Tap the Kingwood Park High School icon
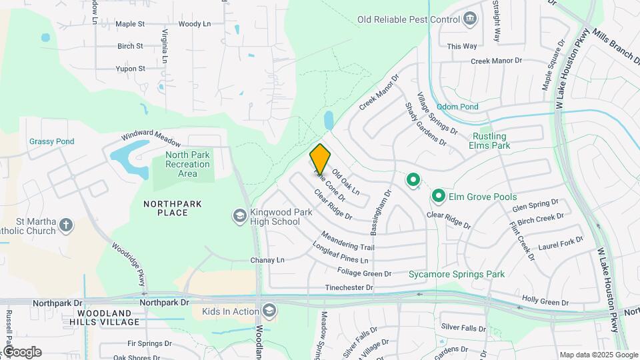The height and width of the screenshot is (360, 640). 239,216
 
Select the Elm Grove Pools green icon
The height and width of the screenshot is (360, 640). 438,196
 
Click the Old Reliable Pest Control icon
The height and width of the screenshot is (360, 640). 471,19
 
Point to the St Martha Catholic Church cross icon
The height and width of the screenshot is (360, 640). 65,225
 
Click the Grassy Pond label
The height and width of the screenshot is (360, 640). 51,141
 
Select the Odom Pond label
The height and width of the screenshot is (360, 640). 457,107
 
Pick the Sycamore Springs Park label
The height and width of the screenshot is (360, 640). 457,274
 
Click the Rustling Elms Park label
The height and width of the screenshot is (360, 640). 494,141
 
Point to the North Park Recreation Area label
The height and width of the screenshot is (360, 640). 184,164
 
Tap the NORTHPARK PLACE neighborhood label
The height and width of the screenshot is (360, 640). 165,207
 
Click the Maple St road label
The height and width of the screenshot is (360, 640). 130,24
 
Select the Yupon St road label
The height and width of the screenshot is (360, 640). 131,69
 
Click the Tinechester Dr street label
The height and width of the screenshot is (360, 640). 349,288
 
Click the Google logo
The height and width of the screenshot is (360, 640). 22,352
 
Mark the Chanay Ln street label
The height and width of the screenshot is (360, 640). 267,260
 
